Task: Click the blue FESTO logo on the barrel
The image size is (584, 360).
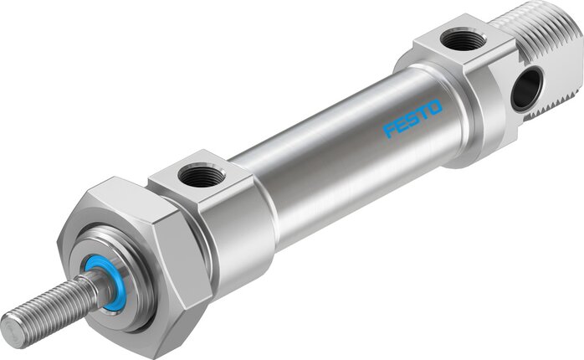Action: point(412,118)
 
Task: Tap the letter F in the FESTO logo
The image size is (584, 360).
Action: point(391,131)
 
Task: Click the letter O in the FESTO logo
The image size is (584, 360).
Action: point(434,106)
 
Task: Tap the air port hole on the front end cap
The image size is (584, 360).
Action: point(202,176)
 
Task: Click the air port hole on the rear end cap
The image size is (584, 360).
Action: point(463,39)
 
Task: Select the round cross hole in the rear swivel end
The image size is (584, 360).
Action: point(527,89)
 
